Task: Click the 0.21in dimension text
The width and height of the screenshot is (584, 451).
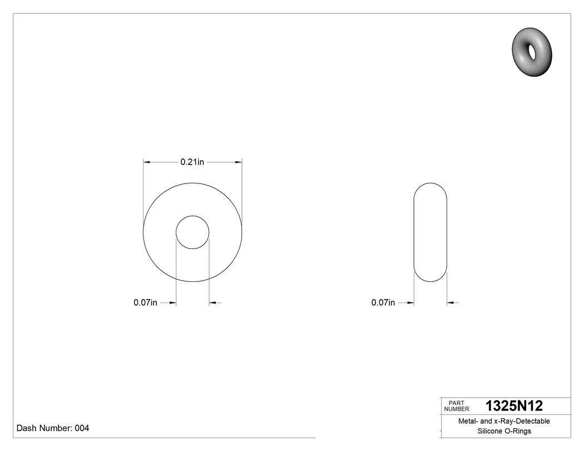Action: coord(192,162)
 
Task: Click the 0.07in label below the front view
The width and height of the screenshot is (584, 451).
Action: coord(145,303)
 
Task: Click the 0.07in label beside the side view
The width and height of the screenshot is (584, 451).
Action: coord(383,303)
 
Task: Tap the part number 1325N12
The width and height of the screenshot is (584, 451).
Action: coord(514,406)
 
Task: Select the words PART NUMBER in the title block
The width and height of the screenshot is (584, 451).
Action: coord(457,406)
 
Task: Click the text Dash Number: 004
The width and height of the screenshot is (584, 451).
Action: coord(53,428)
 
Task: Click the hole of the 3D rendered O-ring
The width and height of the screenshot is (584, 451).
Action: coord(533,51)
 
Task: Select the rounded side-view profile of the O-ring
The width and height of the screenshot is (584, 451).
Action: coord(430,232)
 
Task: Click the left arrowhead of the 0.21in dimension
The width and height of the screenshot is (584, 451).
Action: coord(147,162)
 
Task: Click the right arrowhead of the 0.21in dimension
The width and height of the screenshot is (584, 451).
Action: coord(239,162)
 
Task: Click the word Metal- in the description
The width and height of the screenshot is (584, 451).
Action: coord(468,421)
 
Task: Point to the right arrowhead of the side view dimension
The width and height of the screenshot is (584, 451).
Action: coord(451,303)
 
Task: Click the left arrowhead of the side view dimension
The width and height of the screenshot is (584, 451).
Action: coord(411,303)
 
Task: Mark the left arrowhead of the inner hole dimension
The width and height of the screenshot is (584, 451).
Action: coord(173,303)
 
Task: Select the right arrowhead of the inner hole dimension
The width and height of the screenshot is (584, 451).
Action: coord(212,303)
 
